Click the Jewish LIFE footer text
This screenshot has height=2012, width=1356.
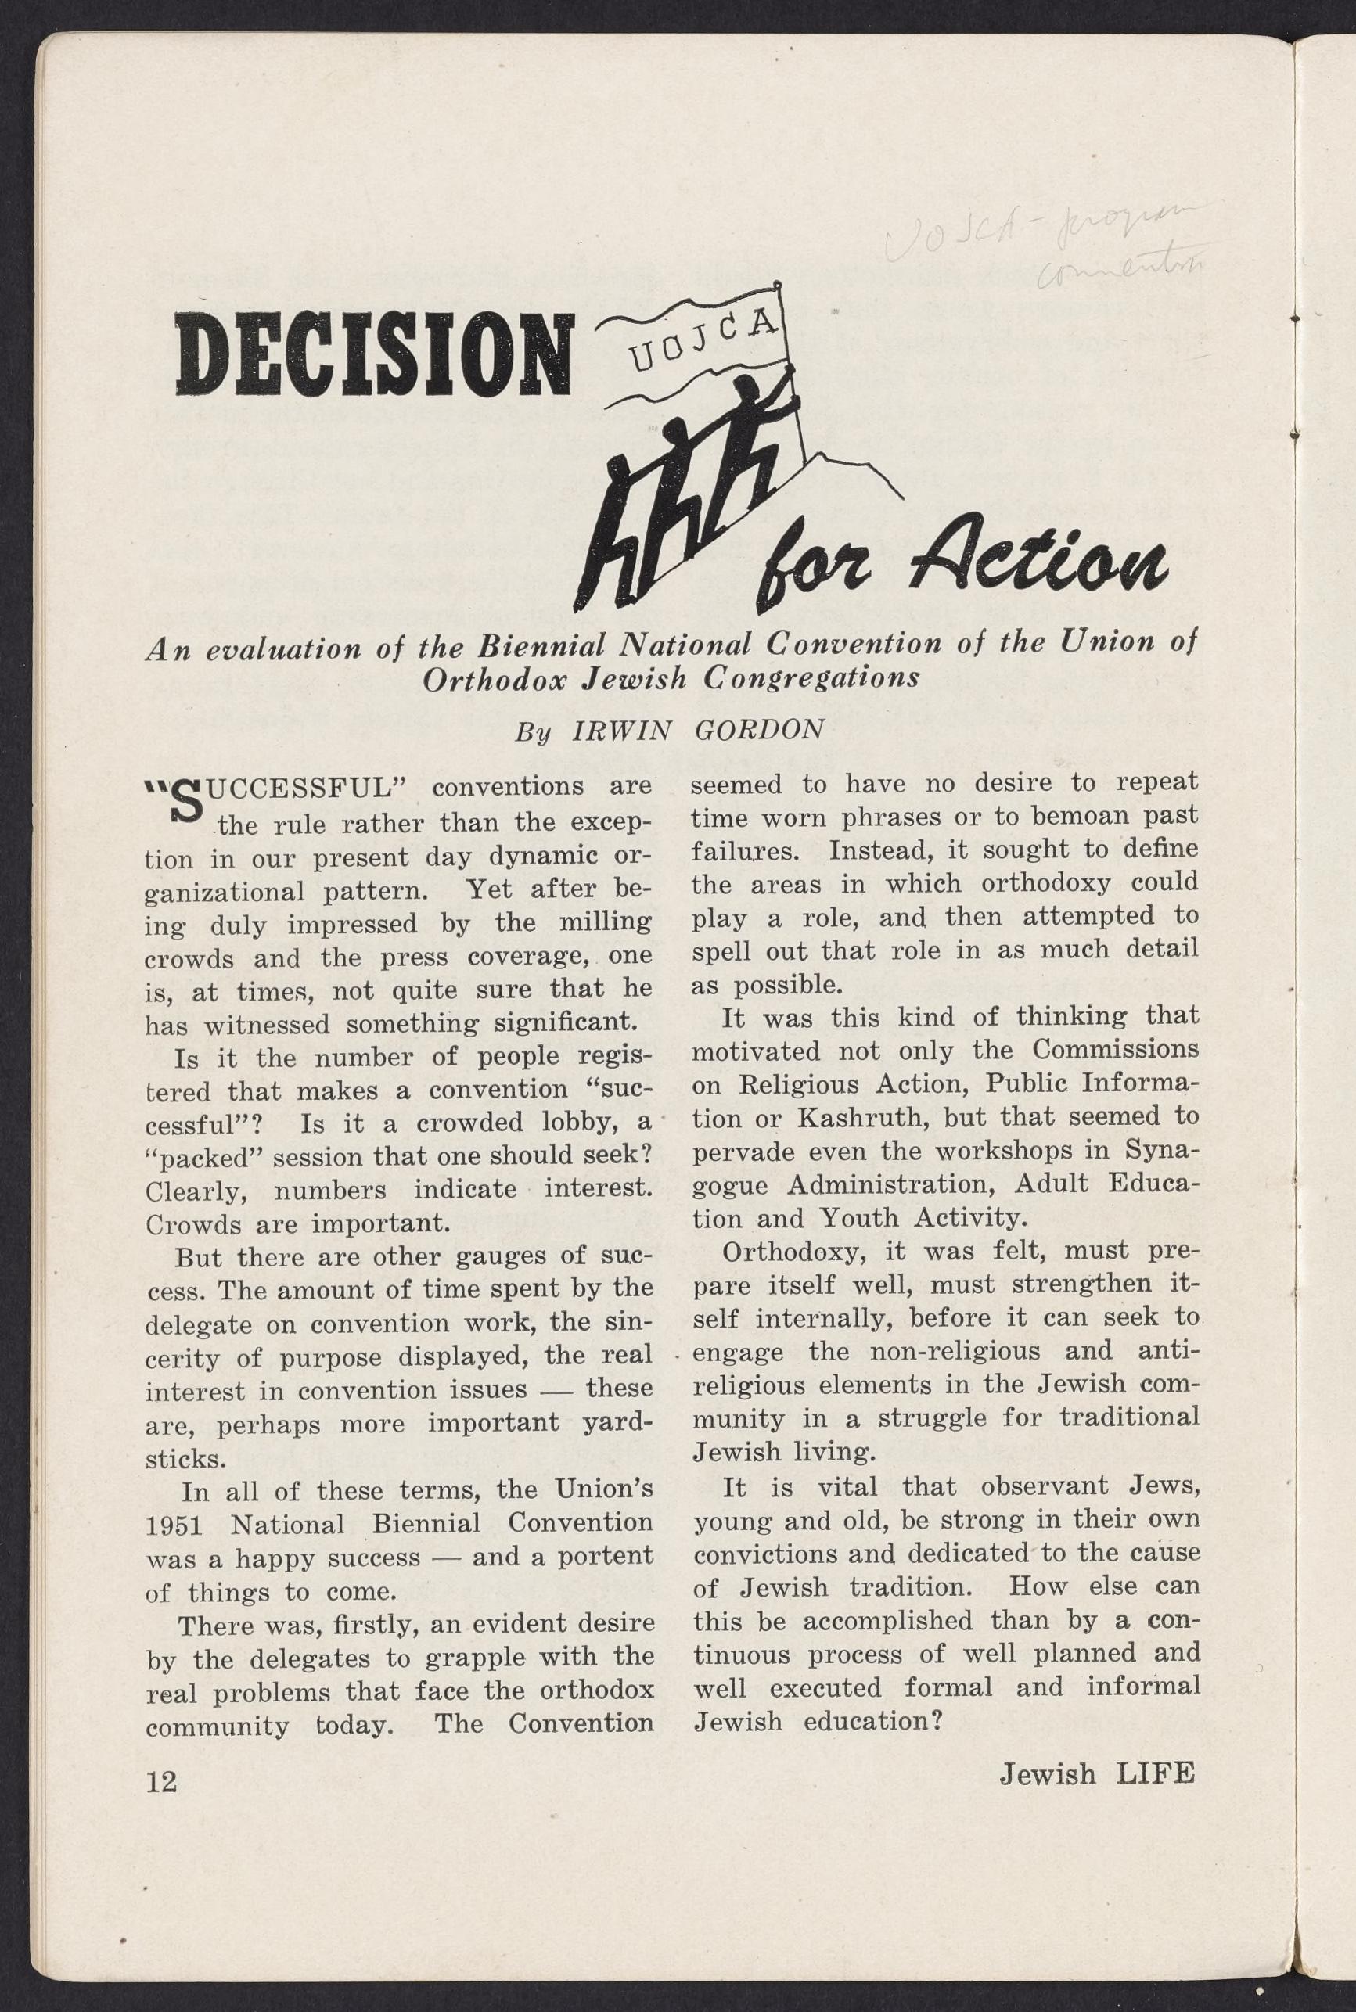pyautogui.click(x=1096, y=1773)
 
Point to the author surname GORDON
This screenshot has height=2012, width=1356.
pyautogui.click(x=758, y=730)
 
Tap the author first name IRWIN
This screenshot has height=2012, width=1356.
pyautogui.click(x=622, y=731)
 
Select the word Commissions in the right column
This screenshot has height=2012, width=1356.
pyautogui.click(x=1116, y=1050)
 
